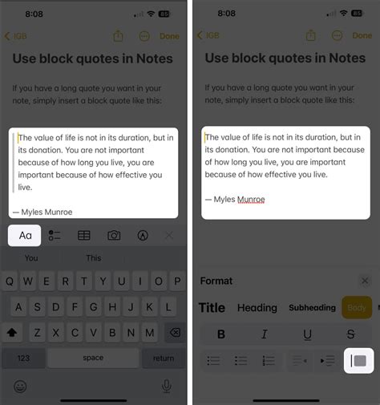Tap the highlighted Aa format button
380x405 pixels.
point(25,235)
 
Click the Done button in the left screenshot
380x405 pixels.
point(169,36)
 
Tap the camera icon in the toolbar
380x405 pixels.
point(114,235)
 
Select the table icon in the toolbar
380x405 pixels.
point(83,235)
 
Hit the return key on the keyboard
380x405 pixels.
point(164,358)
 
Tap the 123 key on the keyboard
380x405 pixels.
point(24,358)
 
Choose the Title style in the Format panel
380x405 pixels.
point(212,307)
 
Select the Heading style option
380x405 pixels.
point(257,307)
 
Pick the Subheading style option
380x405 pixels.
point(312,307)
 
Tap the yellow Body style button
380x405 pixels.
point(356,307)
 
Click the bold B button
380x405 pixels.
point(221,334)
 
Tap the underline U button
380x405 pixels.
point(307,334)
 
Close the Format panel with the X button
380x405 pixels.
point(365,281)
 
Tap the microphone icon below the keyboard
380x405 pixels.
point(167,386)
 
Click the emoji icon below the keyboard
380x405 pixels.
point(20,386)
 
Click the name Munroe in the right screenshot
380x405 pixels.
point(247,199)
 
